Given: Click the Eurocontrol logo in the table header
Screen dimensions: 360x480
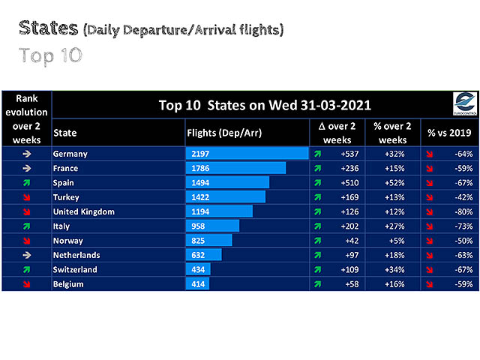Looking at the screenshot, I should [464, 103].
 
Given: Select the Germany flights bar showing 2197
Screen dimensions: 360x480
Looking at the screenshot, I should [247, 154].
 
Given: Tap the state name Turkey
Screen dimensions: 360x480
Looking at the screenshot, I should [67, 197].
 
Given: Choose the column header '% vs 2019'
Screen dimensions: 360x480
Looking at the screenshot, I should [447, 133].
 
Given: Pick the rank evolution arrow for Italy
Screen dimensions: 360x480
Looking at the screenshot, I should [26, 226].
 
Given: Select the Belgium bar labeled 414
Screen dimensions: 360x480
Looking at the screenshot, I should [196, 284].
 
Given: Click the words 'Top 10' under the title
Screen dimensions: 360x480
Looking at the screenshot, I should [51, 55].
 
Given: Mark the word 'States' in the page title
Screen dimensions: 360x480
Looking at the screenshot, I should [49, 28].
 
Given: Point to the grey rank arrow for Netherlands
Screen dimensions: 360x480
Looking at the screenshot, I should [26, 255].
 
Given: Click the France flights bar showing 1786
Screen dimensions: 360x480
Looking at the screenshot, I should [235, 168].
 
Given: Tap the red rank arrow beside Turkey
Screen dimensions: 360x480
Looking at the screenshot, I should [26, 197].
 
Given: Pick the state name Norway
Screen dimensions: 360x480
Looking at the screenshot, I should [68, 241].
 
